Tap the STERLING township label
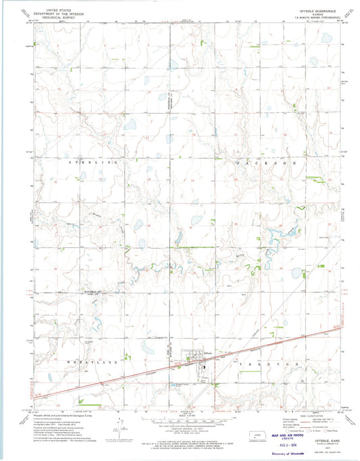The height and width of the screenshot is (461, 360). click(94, 163)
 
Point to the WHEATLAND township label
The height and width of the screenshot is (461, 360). click(94, 364)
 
